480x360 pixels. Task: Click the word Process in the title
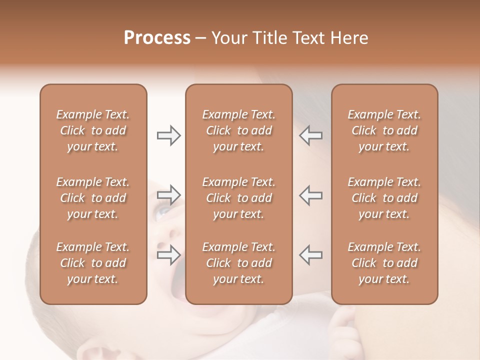pos(157,38)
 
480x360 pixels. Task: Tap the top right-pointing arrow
pos(168,135)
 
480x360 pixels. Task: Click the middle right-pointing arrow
pos(168,195)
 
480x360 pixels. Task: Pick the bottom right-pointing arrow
pos(168,254)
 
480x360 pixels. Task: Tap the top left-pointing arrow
pos(311,135)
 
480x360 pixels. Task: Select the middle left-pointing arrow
pos(311,195)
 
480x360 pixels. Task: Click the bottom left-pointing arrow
pos(311,254)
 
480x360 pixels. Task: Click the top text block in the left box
pos(93,130)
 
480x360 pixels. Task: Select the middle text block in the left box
pos(93,198)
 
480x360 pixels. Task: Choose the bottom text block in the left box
pos(93,263)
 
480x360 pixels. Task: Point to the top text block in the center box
pos(238,130)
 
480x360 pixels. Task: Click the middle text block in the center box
pos(238,198)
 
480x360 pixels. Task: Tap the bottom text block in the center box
pos(238,263)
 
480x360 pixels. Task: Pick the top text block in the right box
pos(384,130)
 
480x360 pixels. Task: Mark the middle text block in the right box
pos(384,198)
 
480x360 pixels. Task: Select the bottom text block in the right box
pos(384,263)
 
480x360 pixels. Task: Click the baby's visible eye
pos(163,213)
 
